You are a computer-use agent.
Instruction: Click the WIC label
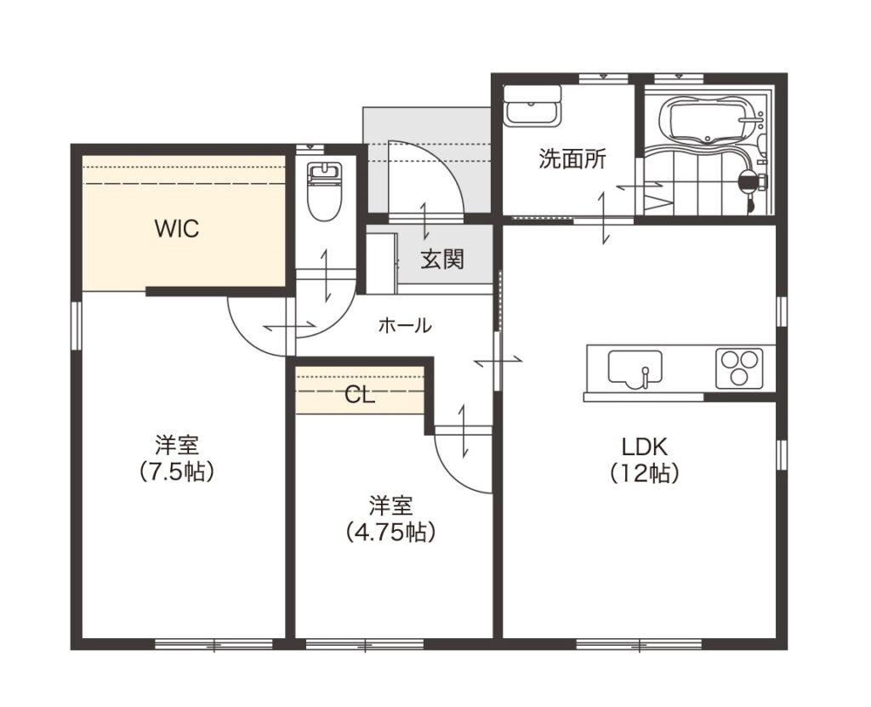(x=177, y=229)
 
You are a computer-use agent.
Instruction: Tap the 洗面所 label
(x=572, y=159)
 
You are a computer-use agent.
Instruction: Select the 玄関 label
(x=441, y=259)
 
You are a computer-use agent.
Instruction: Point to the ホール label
(x=404, y=325)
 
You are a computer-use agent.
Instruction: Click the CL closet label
(x=360, y=395)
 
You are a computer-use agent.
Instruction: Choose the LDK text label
(x=645, y=447)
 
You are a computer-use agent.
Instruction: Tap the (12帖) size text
(x=645, y=473)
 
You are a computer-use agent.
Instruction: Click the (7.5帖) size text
(x=177, y=472)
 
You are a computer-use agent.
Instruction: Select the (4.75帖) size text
(x=390, y=532)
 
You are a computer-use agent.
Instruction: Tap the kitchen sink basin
(x=635, y=368)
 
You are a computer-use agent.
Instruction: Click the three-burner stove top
(x=739, y=368)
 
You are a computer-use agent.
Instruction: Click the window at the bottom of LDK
(x=639, y=645)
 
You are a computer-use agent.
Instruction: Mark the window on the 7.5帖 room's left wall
(x=77, y=325)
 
